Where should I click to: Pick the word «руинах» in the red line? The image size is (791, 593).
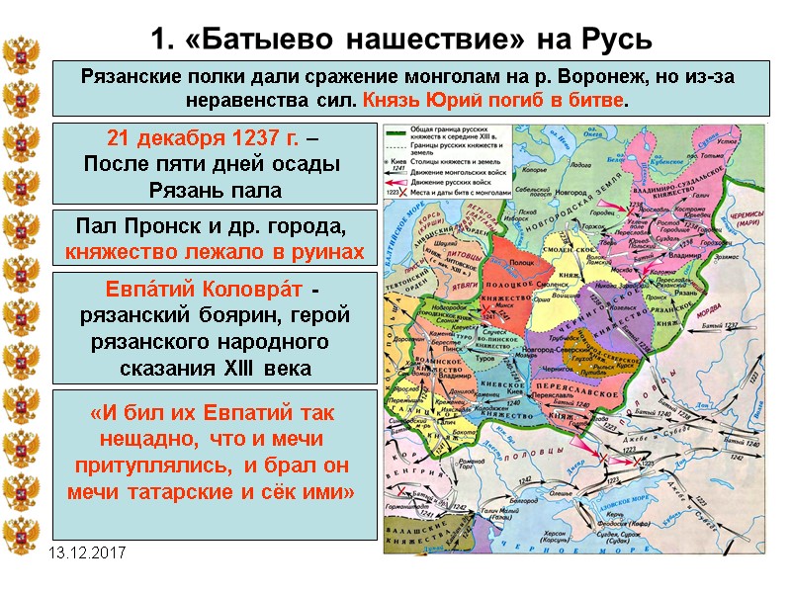pos(319,251)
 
